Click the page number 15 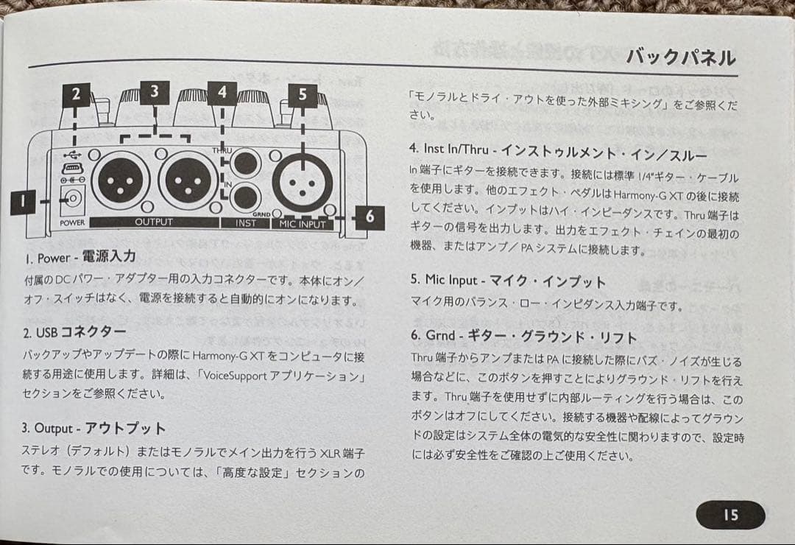[730, 515]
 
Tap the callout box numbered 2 [76, 94]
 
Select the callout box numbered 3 [154, 91]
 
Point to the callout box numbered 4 [222, 93]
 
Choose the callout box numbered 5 [303, 94]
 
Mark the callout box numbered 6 [370, 216]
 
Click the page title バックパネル [680, 57]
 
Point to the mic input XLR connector [303, 180]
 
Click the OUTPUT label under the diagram [154, 222]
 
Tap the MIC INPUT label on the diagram [303, 223]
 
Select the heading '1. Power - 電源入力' [81, 258]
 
